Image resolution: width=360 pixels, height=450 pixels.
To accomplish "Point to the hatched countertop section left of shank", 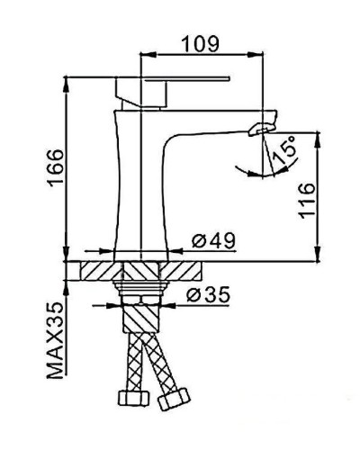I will point(100,271).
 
